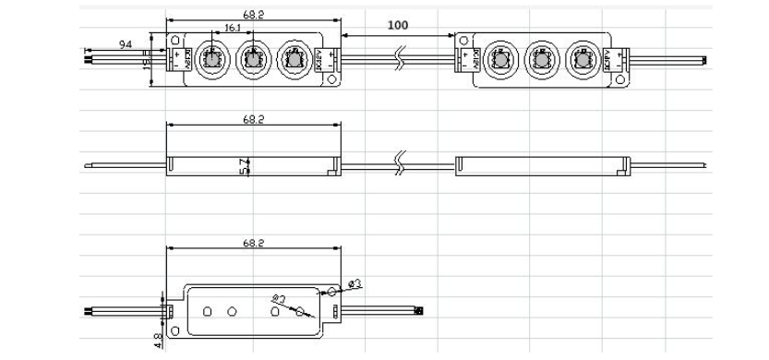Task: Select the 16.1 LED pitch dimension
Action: (233, 29)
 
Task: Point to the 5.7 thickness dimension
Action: (243, 166)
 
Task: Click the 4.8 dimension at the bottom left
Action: (156, 342)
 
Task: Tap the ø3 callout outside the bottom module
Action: (355, 281)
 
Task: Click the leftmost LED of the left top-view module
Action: (209, 61)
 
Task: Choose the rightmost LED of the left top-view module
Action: (294, 60)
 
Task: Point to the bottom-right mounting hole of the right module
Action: (619, 80)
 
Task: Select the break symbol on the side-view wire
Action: (399, 165)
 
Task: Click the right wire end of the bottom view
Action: (420, 309)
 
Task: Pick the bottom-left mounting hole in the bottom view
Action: (209, 309)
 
